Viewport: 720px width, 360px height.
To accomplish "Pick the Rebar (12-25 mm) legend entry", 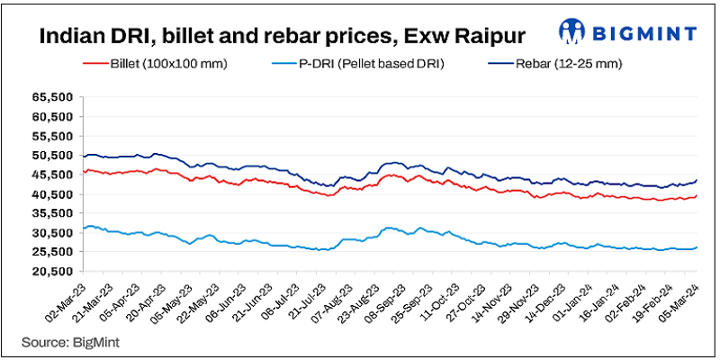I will pos(550,65).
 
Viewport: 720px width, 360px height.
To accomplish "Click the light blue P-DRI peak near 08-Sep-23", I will pos(389,229).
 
